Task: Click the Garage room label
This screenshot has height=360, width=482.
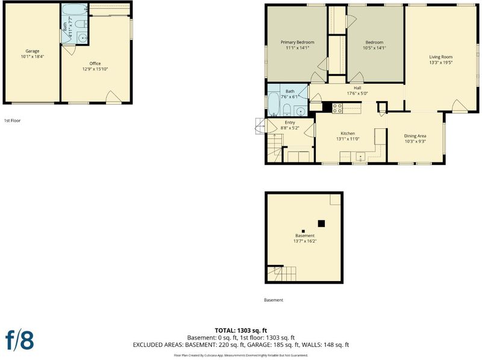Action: point(33,51)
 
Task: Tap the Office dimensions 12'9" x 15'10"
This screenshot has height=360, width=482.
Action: point(95,69)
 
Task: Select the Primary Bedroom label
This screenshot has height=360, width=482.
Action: point(297,42)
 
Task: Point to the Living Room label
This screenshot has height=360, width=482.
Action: point(441,57)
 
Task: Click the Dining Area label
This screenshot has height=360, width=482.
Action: point(415,136)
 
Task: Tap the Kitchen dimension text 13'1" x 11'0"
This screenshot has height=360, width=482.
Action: point(348,139)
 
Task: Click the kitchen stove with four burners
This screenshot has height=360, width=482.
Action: point(337,108)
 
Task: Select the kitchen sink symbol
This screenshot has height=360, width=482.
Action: point(361,157)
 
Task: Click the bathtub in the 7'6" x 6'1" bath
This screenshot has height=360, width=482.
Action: point(274,105)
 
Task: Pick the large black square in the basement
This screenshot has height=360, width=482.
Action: point(321,223)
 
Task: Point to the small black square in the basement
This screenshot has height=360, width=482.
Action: point(303,231)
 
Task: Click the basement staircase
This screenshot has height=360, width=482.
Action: point(281,274)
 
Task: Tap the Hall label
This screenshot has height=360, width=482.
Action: point(357,88)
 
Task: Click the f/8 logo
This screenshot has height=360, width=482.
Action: point(20,340)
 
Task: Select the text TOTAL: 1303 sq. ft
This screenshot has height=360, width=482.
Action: point(240,331)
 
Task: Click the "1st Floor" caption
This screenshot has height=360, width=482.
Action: point(12,121)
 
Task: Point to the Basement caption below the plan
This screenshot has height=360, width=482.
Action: point(274,300)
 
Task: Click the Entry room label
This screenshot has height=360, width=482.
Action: point(290,123)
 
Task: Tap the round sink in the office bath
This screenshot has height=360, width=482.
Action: point(83,38)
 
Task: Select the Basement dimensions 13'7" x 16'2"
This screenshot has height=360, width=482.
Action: point(305,241)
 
